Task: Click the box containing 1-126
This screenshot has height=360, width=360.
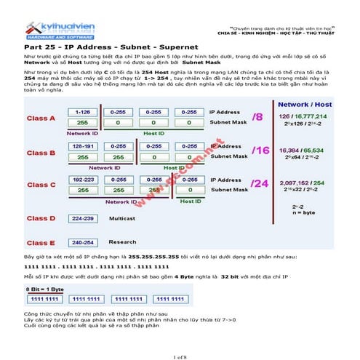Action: point(81,112)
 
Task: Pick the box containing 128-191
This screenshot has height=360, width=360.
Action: point(81,146)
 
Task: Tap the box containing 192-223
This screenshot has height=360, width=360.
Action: point(81,179)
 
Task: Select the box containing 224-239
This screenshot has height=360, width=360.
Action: point(81,217)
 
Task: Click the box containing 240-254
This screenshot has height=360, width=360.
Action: point(81,242)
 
